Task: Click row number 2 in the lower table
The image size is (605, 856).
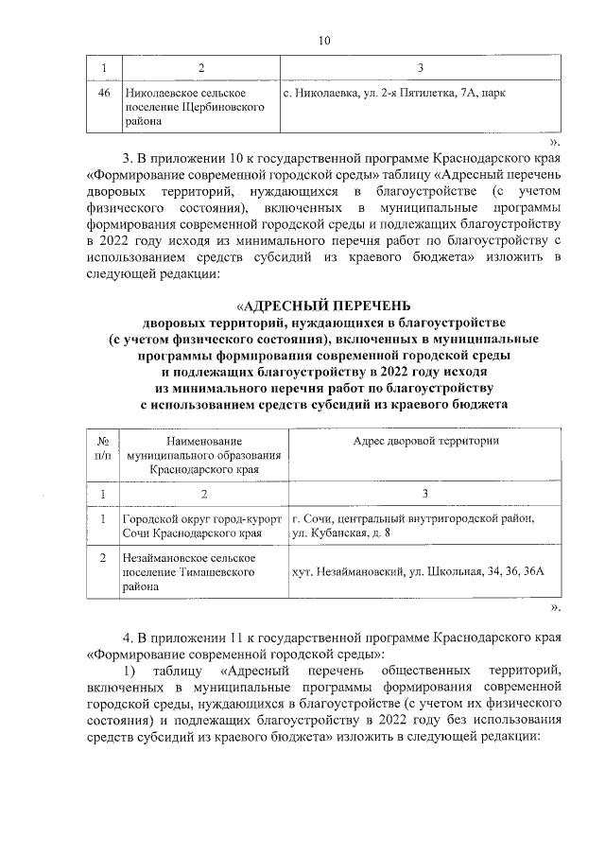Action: (103, 559)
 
